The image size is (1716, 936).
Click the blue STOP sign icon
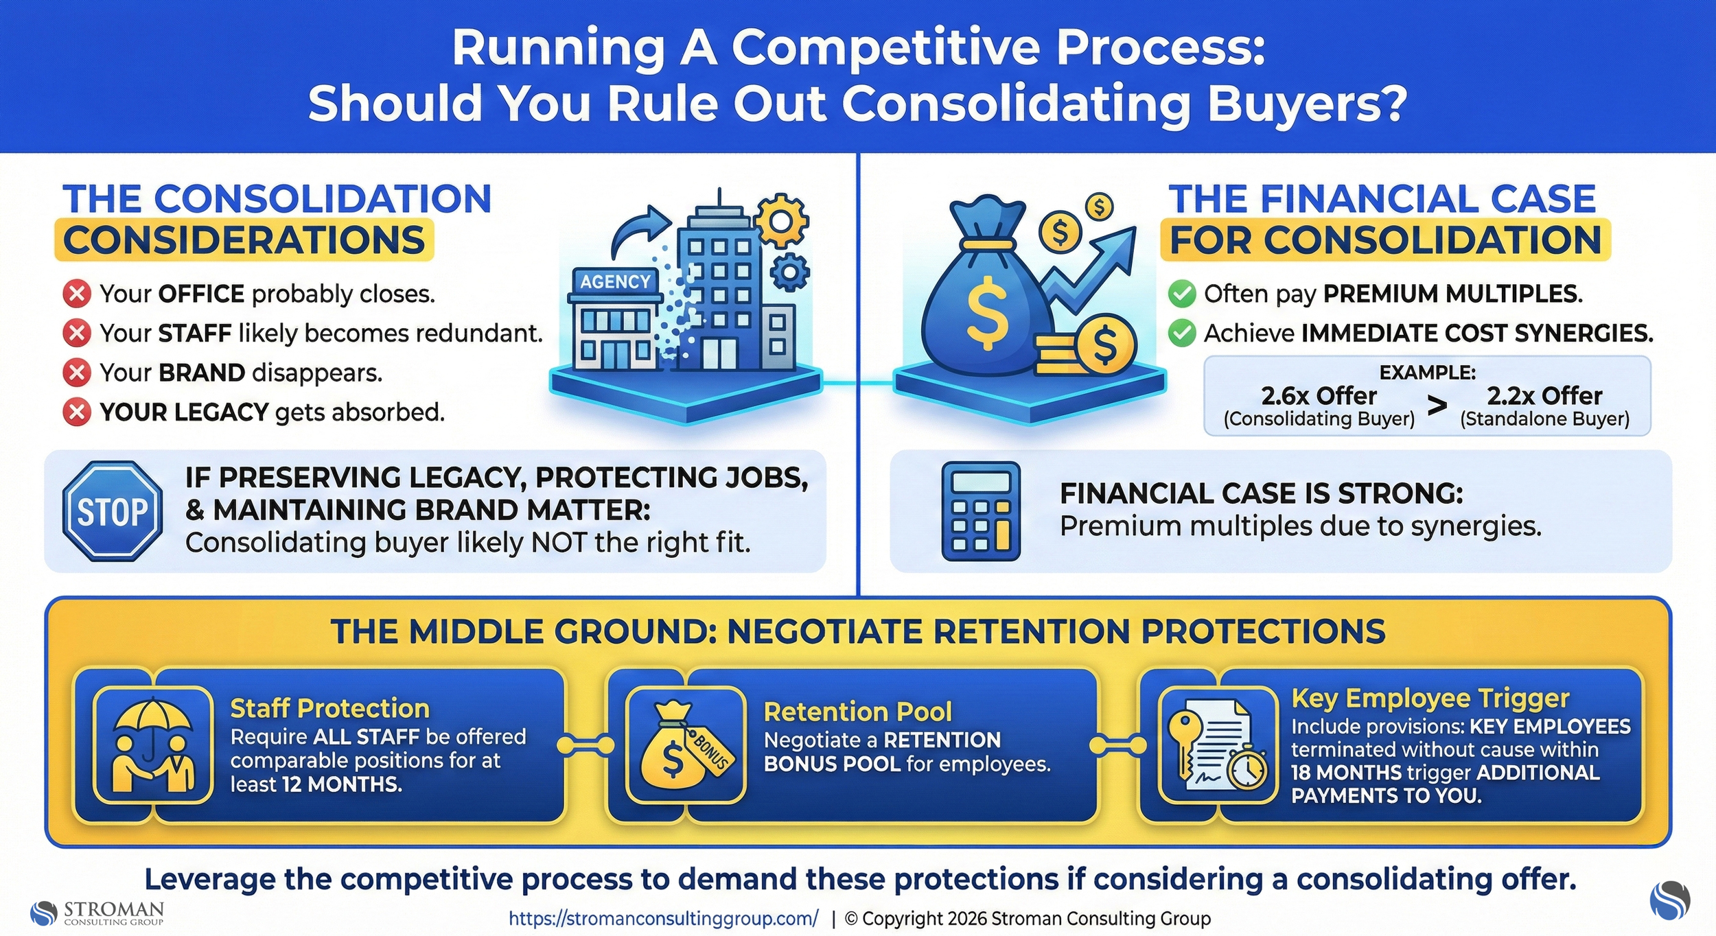(x=113, y=511)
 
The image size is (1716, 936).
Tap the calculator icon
(x=981, y=511)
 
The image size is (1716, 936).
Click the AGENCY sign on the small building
(x=615, y=281)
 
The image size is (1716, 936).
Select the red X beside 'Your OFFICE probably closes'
(x=77, y=294)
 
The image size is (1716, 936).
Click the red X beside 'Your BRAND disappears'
(x=77, y=373)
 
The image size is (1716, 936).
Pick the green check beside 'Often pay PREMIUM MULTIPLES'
(x=1182, y=294)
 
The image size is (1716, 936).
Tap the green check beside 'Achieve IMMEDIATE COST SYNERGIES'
(x=1182, y=334)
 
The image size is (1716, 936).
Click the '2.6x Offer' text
(x=1319, y=396)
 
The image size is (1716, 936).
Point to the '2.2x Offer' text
(x=1544, y=396)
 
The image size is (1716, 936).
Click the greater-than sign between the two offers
(x=1437, y=406)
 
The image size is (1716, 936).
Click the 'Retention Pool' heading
(x=858, y=712)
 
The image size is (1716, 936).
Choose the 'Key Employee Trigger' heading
(x=1430, y=698)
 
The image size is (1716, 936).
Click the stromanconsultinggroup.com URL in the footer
(x=663, y=918)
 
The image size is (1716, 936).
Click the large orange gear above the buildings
(x=781, y=220)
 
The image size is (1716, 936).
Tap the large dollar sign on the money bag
(x=987, y=313)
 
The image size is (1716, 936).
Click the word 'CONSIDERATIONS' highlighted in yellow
(x=244, y=240)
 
